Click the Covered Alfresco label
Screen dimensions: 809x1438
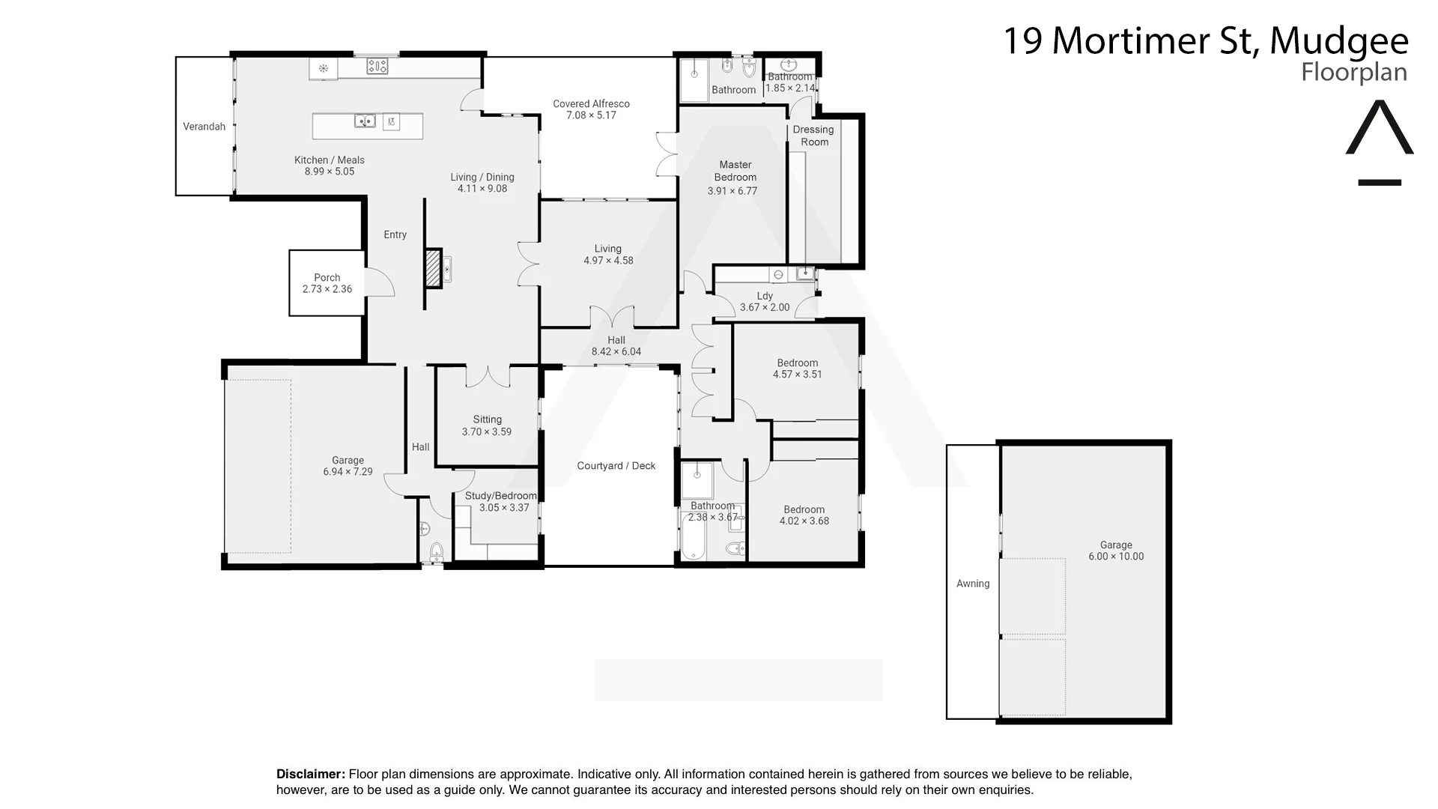[x=591, y=104]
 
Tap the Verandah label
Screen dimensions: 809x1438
[x=204, y=127]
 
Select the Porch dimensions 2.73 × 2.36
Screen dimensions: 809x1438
[x=327, y=289]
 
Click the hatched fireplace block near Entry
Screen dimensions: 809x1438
[x=432, y=268]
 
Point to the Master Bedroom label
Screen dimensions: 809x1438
[x=735, y=171]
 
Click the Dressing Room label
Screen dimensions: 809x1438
[x=813, y=136]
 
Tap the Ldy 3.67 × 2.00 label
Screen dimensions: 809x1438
[x=765, y=301]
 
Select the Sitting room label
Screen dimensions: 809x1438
[x=487, y=419]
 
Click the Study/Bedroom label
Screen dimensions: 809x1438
[x=500, y=496]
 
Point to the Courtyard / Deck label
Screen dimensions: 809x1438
[x=616, y=466]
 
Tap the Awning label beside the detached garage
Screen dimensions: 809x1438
[x=972, y=584]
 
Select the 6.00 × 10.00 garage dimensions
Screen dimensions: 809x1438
[x=1116, y=557]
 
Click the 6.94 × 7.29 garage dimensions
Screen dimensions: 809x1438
[x=348, y=472]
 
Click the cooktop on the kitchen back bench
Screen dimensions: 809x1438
[x=377, y=67]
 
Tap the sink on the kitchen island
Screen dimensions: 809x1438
[x=365, y=121]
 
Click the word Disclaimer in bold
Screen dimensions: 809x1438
[x=310, y=774]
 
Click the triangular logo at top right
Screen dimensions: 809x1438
[x=1379, y=129]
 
